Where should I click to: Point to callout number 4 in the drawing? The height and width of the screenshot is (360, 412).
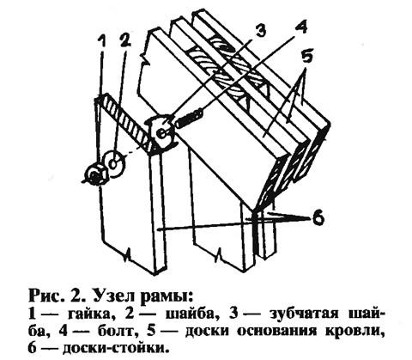pyautogui.click(x=301, y=28)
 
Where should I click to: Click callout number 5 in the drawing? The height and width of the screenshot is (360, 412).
pyautogui.click(x=306, y=58)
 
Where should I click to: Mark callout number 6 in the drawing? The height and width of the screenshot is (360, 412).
pyautogui.click(x=318, y=218)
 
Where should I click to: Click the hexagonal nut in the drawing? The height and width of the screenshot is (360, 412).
pyautogui.click(x=96, y=175)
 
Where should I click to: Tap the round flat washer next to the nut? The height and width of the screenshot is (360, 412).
pyautogui.click(x=114, y=163)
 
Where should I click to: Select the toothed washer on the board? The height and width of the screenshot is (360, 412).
pyautogui.click(x=161, y=132)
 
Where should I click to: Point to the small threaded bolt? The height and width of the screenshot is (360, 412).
pyautogui.click(x=189, y=119)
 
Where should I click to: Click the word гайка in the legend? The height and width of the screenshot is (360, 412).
pyautogui.click(x=90, y=314)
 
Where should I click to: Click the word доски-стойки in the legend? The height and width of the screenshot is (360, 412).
pyautogui.click(x=113, y=349)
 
